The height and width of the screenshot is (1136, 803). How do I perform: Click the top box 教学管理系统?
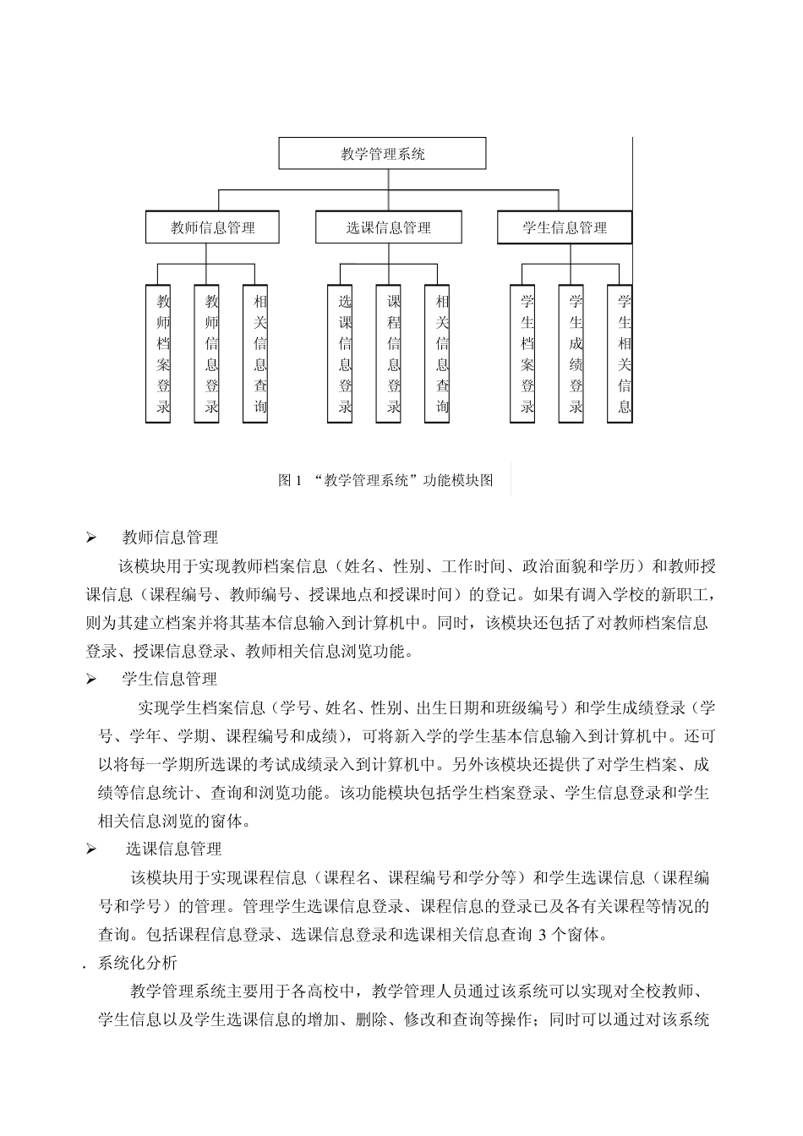coord(383,154)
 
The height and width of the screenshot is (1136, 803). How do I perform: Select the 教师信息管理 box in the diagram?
coord(212,227)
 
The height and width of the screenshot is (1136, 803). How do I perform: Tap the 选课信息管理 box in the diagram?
coord(389,227)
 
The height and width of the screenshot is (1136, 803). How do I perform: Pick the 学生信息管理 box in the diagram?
coord(564,227)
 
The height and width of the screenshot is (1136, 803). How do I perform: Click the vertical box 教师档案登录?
coord(163,354)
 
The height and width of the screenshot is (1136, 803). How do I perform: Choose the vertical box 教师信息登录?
coord(211,354)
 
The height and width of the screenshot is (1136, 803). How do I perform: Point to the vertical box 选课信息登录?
coord(345,354)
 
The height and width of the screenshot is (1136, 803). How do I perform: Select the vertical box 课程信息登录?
coord(393,354)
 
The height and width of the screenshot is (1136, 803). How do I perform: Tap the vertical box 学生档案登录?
coord(527,354)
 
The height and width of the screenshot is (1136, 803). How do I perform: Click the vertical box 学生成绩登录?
coord(576,354)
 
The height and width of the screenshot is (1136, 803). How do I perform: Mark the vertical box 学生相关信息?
coord(624,354)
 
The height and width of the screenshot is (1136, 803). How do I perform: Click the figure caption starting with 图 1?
coord(385,481)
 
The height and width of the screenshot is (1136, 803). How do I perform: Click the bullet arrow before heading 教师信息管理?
coord(91,538)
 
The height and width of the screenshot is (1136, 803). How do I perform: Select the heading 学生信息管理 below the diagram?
coord(170,679)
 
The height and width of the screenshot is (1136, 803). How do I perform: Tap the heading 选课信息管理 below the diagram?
coord(173,849)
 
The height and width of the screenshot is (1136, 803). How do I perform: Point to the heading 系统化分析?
coord(138,962)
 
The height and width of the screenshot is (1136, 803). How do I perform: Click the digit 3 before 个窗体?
coord(543,935)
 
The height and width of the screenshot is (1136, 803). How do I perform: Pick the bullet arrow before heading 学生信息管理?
coord(91,680)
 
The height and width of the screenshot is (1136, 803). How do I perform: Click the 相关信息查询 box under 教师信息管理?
coord(259,354)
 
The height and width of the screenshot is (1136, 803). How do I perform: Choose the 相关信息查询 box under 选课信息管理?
coord(442,354)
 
